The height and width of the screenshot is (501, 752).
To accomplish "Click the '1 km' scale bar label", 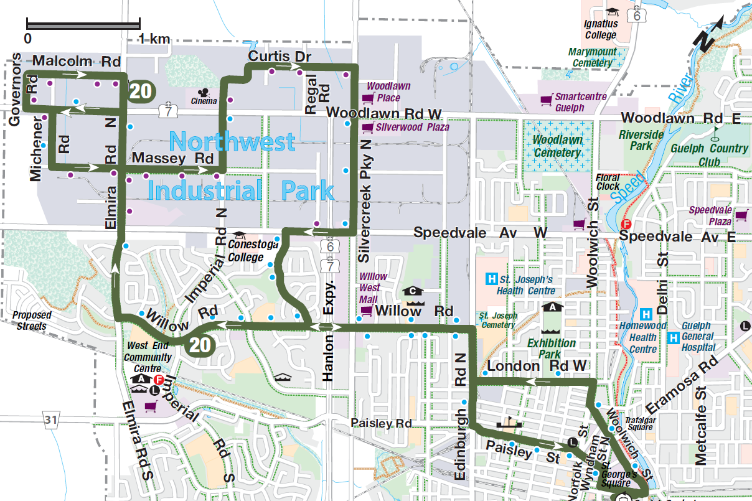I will [x=154, y=39].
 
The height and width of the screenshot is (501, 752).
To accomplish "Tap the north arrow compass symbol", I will [x=708, y=35].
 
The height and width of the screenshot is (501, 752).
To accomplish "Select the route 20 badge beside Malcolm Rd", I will [x=140, y=91].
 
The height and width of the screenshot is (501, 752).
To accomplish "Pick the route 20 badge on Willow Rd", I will [x=199, y=344].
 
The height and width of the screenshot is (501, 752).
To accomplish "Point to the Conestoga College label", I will [x=253, y=250].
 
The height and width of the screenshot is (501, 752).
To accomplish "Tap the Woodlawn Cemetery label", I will [x=557, y=146].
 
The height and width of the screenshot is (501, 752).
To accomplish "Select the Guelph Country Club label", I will [x=709, y=155].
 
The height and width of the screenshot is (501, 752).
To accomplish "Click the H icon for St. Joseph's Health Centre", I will [x=492, y=278].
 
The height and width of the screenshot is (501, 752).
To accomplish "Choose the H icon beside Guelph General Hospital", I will [x=673, y=338].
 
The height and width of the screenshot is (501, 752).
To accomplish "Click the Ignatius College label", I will [x=601, y=30].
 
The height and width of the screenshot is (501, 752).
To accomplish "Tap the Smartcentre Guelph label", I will [x=569, y=102].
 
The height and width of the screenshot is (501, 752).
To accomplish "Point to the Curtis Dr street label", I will [x=279, y=57].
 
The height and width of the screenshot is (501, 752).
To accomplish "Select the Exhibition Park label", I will [x=552, y=349].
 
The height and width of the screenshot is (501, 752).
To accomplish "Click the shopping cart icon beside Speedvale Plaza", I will [x=741, y=215].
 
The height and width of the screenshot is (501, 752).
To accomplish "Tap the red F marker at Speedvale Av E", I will [x=627, y=224].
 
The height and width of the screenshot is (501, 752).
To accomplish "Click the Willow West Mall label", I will [x=373, y=288].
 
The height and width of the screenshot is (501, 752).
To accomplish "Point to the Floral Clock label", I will [x=608, y=182].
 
